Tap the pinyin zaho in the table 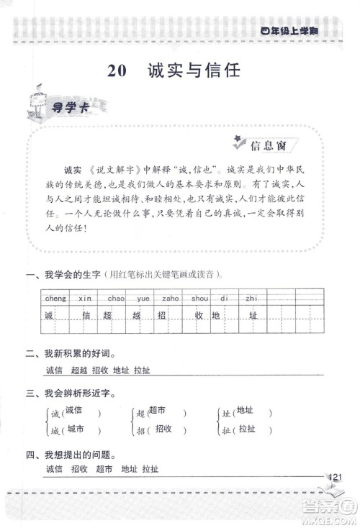[x=171, y=298]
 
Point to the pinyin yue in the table [x=143, y=298]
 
